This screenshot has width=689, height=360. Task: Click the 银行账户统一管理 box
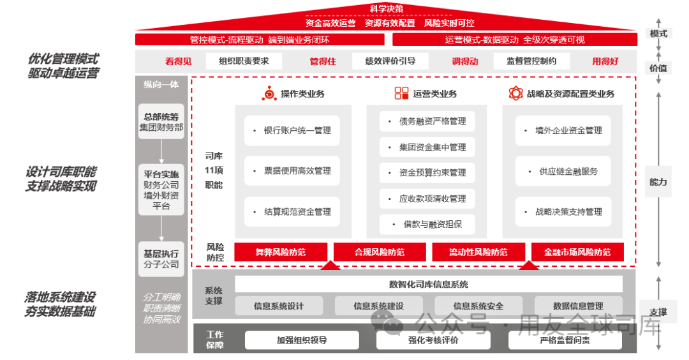(293, 131)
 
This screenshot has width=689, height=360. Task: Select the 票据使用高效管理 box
(293, 171)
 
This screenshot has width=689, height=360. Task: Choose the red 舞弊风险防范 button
(281, 252)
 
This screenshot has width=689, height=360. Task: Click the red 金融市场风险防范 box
(577, 252)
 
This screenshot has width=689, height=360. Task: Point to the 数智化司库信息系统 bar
(428, 284)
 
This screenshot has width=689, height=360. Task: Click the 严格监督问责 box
(565, 340)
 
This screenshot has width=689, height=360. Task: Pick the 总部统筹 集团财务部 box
(161, 122)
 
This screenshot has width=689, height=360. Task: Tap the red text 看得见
(178, 61)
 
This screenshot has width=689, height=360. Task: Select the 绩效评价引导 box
(390, 61)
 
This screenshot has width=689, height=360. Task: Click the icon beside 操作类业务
(269, 94)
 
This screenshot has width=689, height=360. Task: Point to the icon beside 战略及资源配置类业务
(515, 94)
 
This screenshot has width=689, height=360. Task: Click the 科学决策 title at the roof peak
(387, 9)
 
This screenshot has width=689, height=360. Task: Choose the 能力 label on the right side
(658, 182)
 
